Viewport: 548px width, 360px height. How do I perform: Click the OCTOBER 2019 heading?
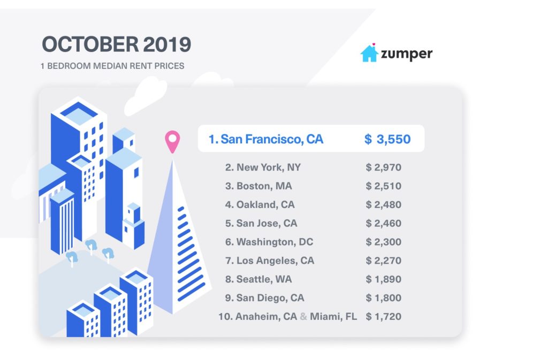click(x=116, y=45)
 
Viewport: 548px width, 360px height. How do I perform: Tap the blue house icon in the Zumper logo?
click(x=369, y=53)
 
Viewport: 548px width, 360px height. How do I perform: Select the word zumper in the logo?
click(x=407, y=53)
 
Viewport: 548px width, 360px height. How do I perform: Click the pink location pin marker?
click(x=172, y=141)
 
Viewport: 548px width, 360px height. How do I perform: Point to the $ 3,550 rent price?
click(x=387, y=140)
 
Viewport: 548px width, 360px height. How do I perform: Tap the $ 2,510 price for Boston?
click(x=384, y=186)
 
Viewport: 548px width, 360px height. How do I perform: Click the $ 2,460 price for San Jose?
click(x=384, y=224)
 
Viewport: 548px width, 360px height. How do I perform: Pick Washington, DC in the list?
click(x=269, y=242)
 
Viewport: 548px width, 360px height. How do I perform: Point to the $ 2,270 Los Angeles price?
click(x=384, y=261)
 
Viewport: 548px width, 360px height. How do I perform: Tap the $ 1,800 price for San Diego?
click(x=384, y=298)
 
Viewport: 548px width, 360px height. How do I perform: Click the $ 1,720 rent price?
click(x=384, y=317)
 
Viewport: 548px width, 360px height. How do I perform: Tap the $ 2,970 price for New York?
click(x=384, y=167)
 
